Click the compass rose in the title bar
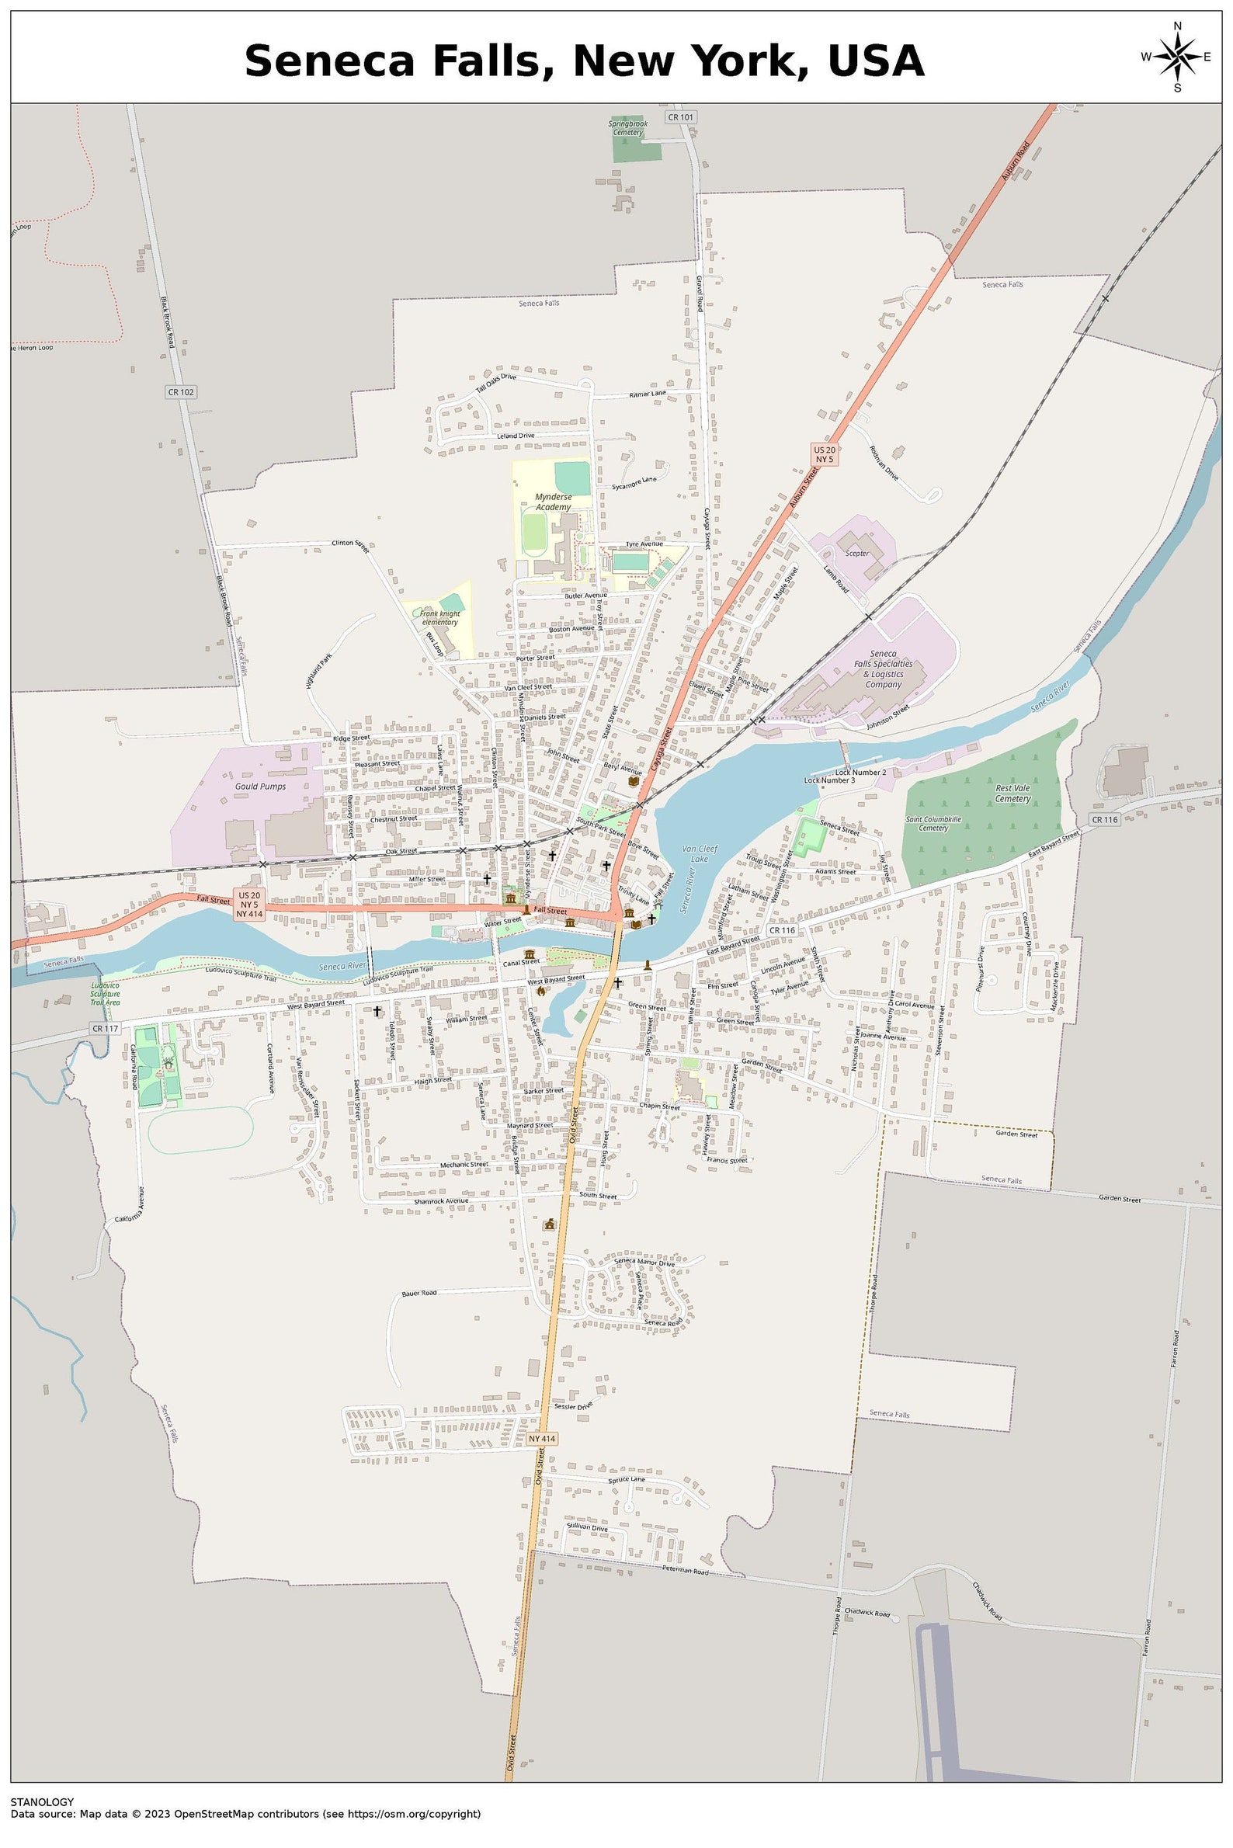coord(1176,57)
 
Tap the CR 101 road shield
coord(680,117)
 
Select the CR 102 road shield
coord(180,391)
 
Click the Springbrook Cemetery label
coord(627,127)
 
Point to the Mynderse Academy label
coord(553,502)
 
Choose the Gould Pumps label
coord(260,786)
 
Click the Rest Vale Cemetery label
coord(1012,793)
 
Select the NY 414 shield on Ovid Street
coord(542,1438)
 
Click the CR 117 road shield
coord(105,1029)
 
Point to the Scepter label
coord(856,553)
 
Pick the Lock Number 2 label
coord(860,773)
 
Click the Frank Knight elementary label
coord(439,617)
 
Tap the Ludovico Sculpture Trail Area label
coord(105,993)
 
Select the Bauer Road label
coord(419,1293)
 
